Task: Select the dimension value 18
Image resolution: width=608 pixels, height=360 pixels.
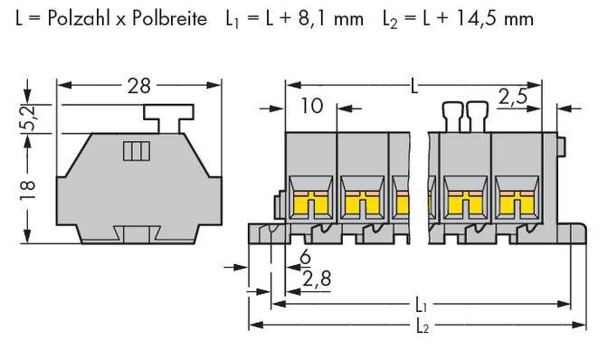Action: click(32, 186)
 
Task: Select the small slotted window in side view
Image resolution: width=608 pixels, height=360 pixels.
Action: click(135, 151)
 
